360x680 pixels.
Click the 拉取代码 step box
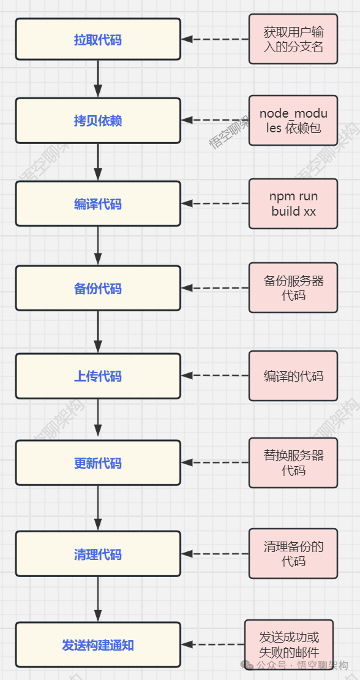tap(98, 39)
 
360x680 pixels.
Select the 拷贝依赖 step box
tap(98, 121)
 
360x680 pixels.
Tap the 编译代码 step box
tap(98, 203)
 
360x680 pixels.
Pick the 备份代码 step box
tap(98, 288)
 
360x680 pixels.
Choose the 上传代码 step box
tap(98, 376)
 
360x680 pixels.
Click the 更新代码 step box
tap(98, 463)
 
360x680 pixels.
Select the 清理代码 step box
tap(98, 554)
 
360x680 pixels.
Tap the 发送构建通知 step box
tap(98, 644)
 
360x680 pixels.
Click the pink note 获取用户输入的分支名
tap(293, 39)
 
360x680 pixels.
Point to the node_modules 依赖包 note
tap(293, 121)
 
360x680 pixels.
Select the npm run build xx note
tap(293, 203)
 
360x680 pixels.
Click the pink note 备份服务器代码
tap(293, 288)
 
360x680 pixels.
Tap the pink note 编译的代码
tap(293, 376)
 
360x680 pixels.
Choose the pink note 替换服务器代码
tap(293, 463)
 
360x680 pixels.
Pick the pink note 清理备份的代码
tap(293, 554)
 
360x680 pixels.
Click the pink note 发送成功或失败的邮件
tap(289, 644)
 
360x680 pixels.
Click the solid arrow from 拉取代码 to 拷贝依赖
tap(98, 79)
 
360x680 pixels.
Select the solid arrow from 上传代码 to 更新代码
tap(98, 419)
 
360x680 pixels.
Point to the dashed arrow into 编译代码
tap(215, 203)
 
